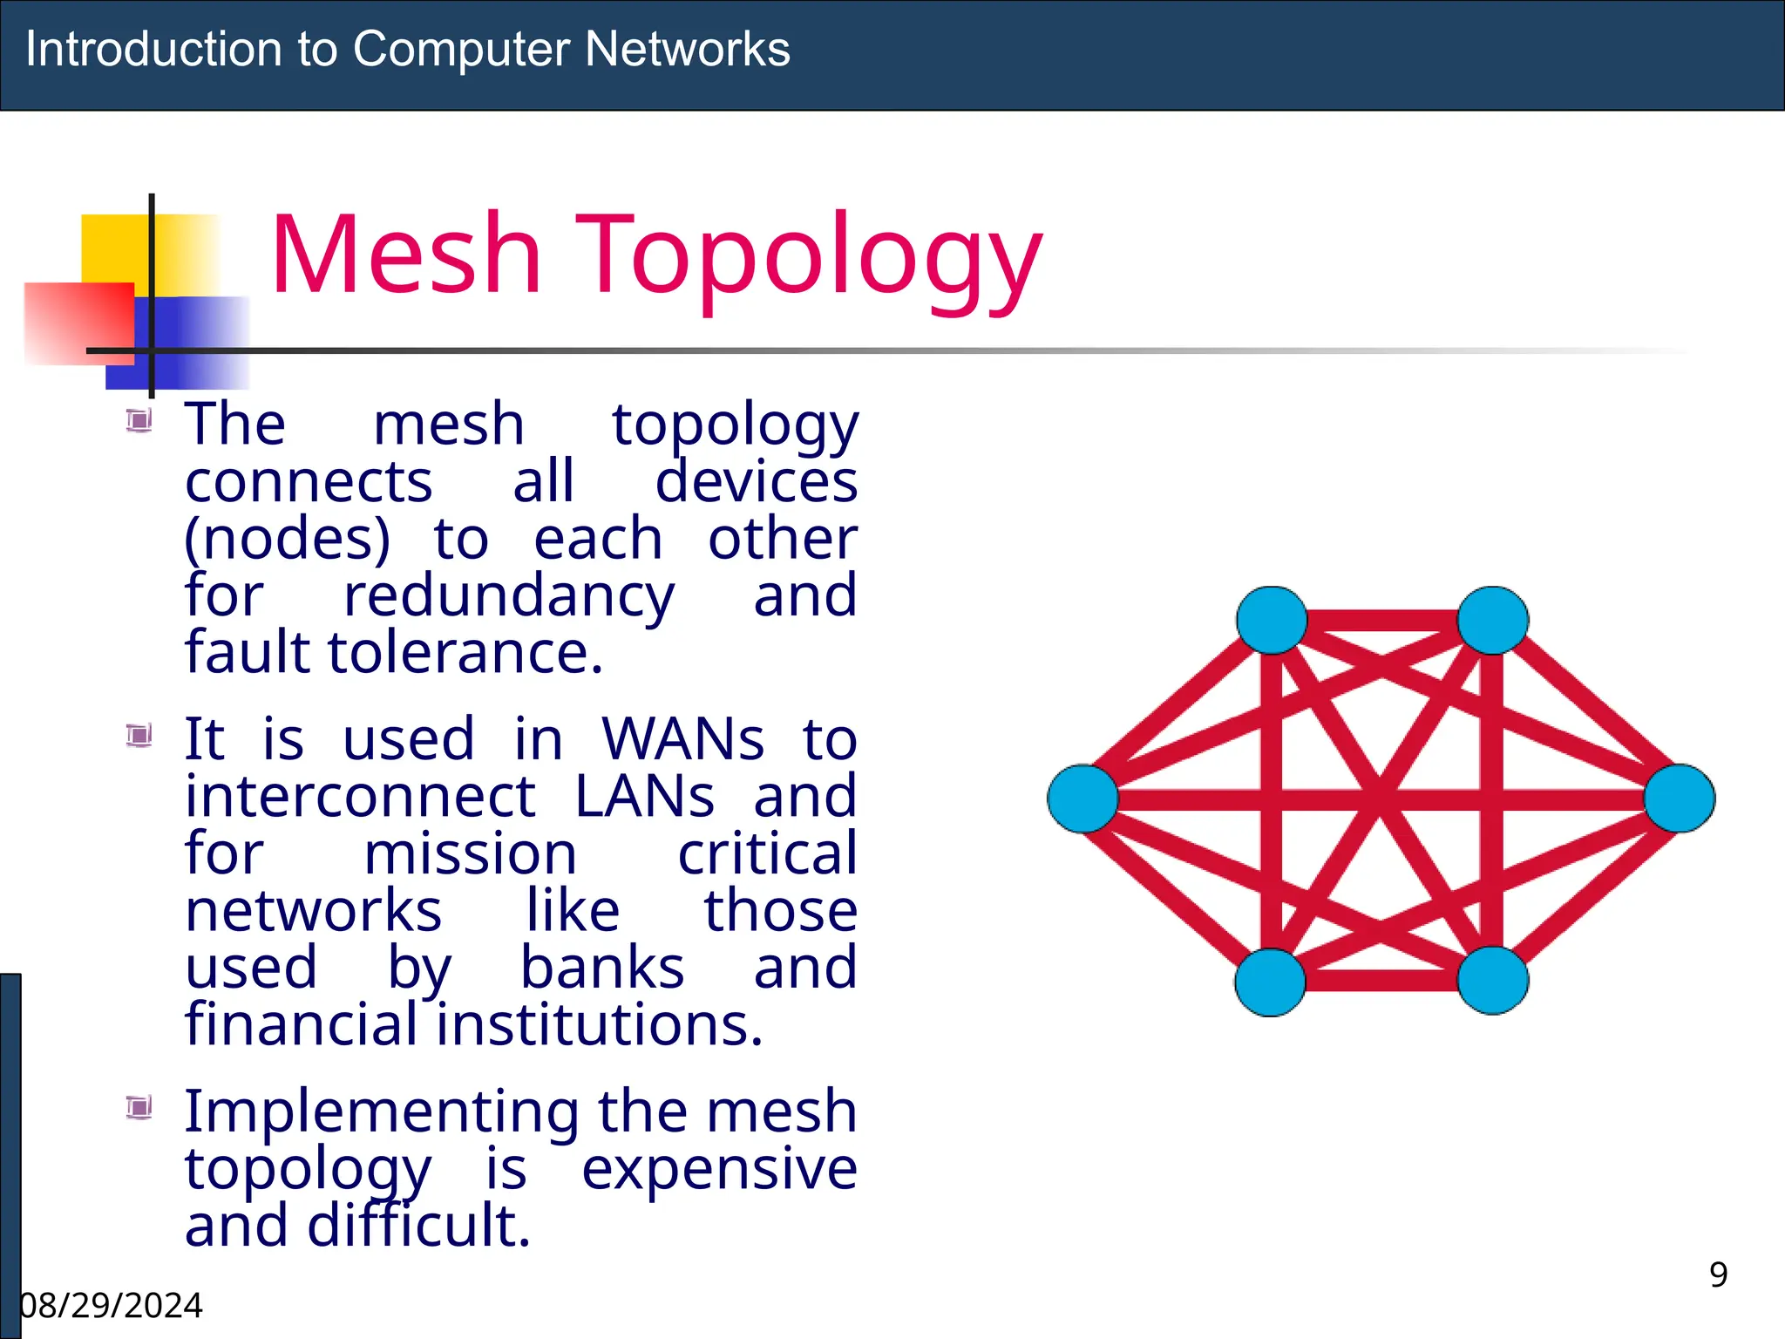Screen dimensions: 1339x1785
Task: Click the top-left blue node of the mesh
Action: coord(1272,621)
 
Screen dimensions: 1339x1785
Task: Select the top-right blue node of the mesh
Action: coord(1493,621)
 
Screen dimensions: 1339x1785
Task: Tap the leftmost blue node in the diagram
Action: coord(1083,799)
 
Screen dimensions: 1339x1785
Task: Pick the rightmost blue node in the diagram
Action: coord(1680,799)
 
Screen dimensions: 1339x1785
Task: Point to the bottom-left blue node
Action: coord(1271,982)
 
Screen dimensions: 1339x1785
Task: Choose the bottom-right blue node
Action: coord(1493,981)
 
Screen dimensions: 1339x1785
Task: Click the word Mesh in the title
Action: coord(407,255)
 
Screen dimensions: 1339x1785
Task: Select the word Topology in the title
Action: coord(808,258)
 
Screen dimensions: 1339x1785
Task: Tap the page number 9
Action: coord(1718,1274)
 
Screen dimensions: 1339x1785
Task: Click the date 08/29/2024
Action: coord(112,1306)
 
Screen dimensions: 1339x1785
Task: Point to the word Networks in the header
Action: coord(688,49)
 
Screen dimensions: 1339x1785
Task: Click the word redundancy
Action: coord(509,598)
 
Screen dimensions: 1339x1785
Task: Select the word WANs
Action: coord(683,740)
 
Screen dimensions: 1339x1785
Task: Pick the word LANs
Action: coord(645,797)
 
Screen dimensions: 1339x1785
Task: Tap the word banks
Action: coord(602,968)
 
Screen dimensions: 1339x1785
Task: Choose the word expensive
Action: coord(719,1169)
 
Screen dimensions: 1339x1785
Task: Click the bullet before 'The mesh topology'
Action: coord(139,421)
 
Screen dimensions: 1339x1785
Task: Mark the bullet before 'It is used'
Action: coord(139,736)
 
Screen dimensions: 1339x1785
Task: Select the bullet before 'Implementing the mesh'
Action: coord(139,1107)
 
